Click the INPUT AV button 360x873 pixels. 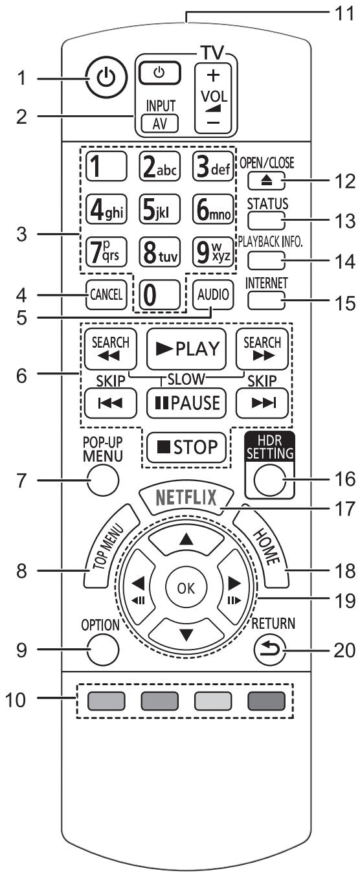pyautogui.click(x=160, y=124)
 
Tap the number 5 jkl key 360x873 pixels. pyautogui.click(x=160, y=209)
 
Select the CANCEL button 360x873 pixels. pyautogui.click(x=106, y=295)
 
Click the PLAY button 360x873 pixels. pyautogui.click(x=186, y=349)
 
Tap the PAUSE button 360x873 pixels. pyautogui.click(x=186, y=403)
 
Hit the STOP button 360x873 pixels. pyautogui.click(x=186, y=447)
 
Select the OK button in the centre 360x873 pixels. pyautogui.click(x=186, y=588)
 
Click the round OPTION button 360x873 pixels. pyautogui.click(x=103, y=650)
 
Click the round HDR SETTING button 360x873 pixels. pyautogui.click(x=269, y=480)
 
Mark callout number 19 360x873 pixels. pyautogui.click(x=345, y=600)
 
